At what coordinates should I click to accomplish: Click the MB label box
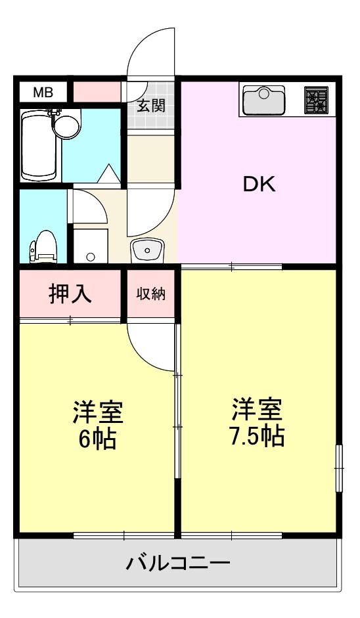pos(43,92)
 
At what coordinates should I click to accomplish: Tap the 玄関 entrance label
pos(150,105)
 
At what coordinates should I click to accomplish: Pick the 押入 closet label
pos(70,294)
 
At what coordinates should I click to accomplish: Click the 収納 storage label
pos(150,294)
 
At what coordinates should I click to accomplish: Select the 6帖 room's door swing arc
pos(152,346)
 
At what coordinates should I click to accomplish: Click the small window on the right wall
pos(339,467)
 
